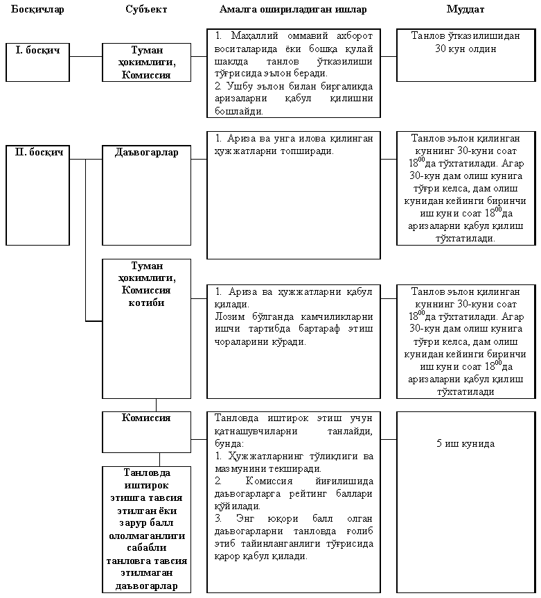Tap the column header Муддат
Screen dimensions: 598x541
coord(465,10)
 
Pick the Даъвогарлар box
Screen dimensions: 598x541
coord(146,152)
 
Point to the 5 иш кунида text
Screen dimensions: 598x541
coord(465,443)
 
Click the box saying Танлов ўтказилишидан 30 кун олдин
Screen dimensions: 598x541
coord(465,42)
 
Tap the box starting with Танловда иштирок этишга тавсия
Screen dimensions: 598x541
coord(146,529)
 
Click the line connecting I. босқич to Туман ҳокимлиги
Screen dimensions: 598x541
coord(86,56)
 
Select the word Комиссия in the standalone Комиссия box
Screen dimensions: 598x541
coord(146,418)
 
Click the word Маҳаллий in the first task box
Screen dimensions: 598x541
coord(250,34)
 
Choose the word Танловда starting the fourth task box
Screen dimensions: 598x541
coord(236,418)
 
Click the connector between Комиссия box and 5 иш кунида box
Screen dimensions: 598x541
coord(389,439)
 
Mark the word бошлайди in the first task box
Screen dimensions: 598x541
coord(239,110)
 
